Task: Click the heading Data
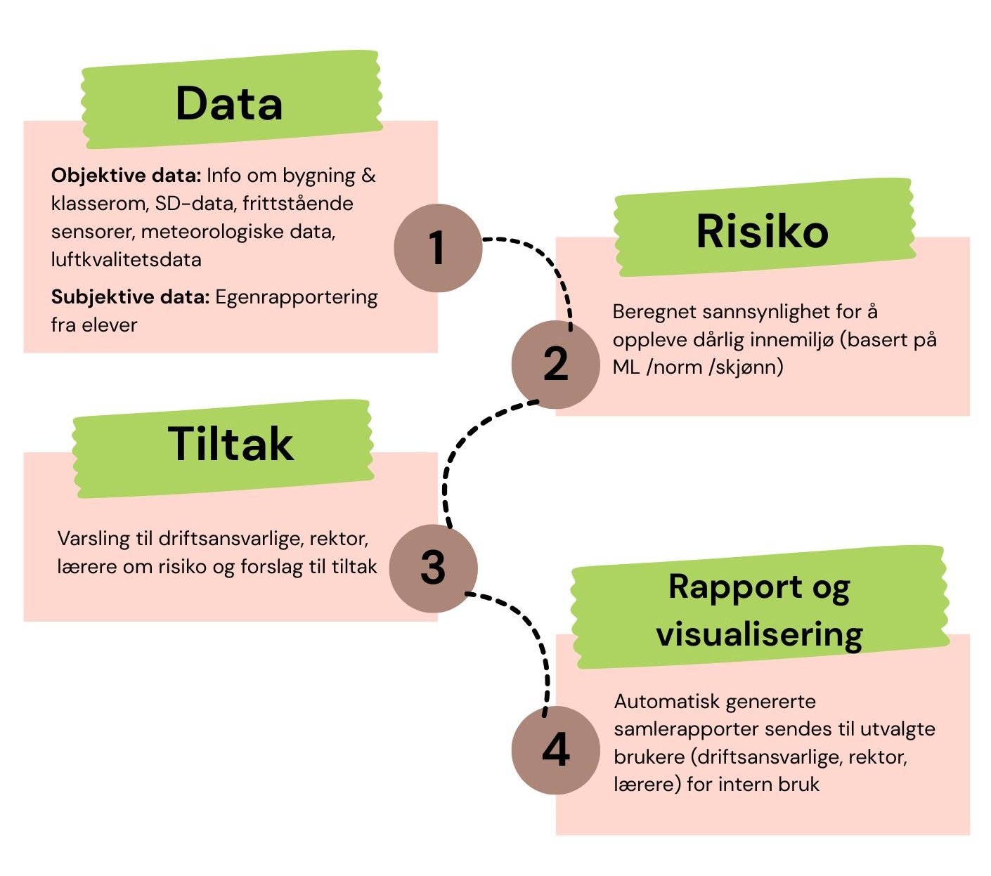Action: tap(229, 104)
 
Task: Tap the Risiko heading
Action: tap(762, 231)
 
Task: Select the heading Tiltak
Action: tap(231, 444)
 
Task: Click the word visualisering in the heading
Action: tap(759, 634)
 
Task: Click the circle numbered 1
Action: tap(438, 248)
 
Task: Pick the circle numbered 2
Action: tap(555, 365)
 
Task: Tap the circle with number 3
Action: tap(433, 568)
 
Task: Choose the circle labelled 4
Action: tap(555, 750)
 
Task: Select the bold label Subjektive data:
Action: tap(130, 297)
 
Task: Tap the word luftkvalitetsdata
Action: tap(126, 259)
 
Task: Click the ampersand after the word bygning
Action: tap(369, 175)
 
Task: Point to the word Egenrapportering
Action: tap(296, 297)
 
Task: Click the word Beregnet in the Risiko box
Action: tap(652, 311)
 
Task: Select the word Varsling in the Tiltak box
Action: tap(93, 539)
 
